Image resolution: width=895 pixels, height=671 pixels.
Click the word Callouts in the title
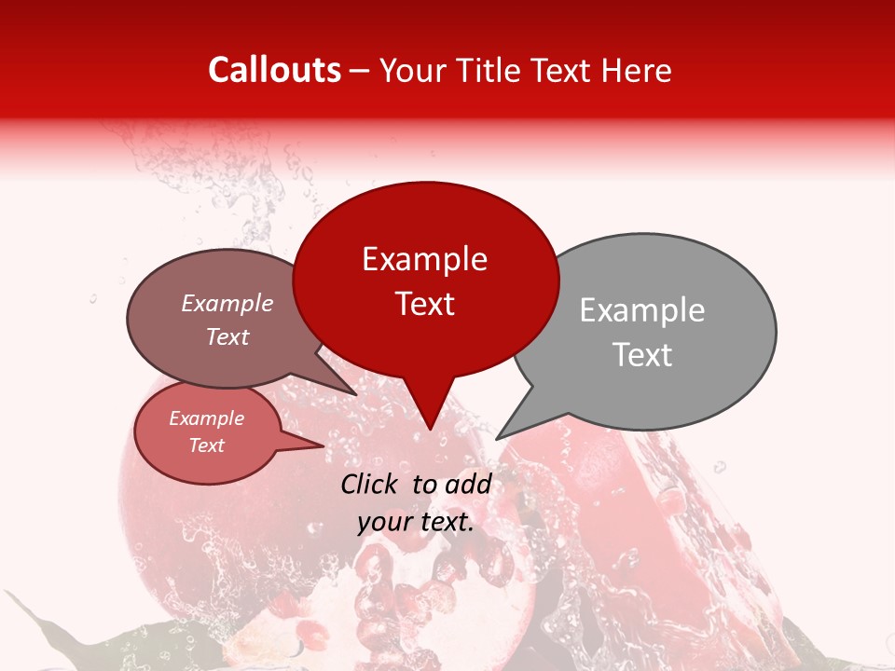(274, 70)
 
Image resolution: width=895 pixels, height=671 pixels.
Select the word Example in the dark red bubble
(424, 259)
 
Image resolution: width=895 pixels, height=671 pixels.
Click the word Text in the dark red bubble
(424, 304)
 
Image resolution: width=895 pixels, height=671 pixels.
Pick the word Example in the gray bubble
(641, 310)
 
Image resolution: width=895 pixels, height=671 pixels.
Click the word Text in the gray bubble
(641, 355)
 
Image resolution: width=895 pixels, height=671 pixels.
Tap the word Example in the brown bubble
(227, 304)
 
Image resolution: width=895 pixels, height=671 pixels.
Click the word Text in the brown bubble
(227, 337)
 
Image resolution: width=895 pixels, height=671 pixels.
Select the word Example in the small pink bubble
(206, 419)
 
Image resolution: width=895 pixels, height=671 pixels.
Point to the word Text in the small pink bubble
(206, 445)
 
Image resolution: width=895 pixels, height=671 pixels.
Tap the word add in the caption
(468, 484)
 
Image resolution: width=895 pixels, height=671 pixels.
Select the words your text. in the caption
(416, 522)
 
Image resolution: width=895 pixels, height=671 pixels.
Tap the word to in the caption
(424, 484)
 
